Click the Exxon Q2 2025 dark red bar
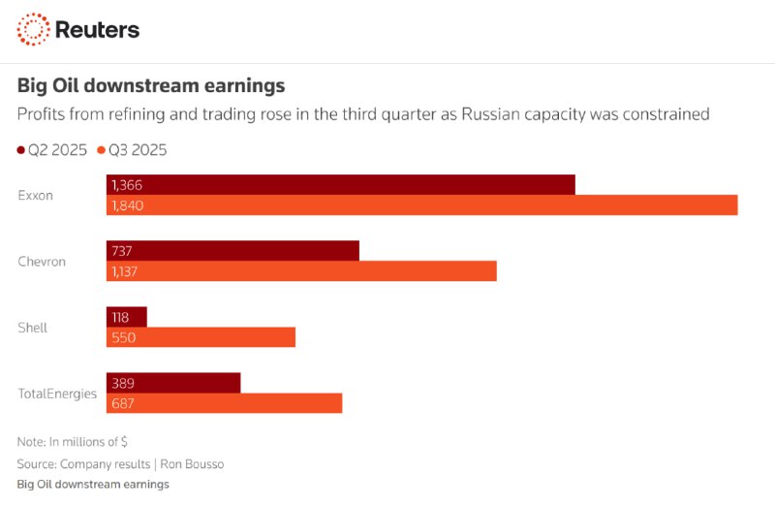(340, 184)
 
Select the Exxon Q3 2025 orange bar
(421, 205)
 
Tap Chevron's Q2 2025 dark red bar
(232, 251)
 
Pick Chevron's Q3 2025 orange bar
(301, 271)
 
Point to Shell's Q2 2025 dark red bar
(127, 317)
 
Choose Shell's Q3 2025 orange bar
(201, 337)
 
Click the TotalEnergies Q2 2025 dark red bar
(173, 383)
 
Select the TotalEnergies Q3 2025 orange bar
(224, 403)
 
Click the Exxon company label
(36, 195)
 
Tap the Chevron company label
(42, 261)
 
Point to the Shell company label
(32, 328)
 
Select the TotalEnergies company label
(57, 394)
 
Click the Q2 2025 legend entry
(53, 149)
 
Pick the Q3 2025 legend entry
(133, 149)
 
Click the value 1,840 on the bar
(127, 205)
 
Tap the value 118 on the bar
(120, 317)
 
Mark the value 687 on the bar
(123, 403)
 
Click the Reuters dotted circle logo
(33, 29)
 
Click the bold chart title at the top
(151, 85)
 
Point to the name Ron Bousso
(193, 464)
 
